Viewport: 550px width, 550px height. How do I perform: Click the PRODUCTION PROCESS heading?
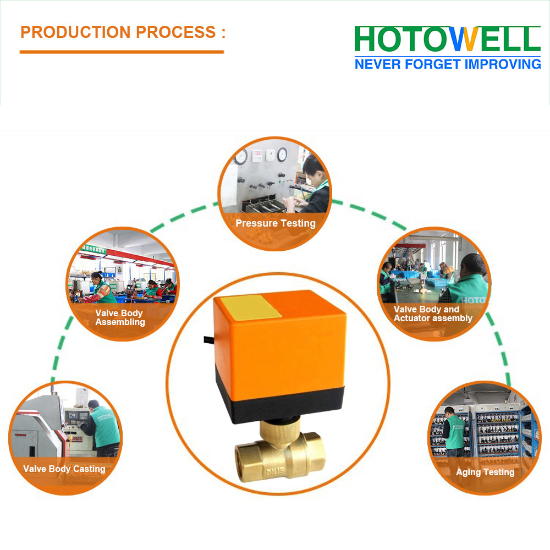point(123,32)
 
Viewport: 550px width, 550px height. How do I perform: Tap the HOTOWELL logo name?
point(448,39)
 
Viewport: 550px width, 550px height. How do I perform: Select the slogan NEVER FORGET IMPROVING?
point(448,64)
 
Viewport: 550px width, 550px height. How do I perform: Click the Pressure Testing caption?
point(276,223)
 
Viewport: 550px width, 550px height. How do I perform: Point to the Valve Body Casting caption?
point(64,469)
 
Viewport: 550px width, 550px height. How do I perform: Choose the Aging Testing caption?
point(485,472)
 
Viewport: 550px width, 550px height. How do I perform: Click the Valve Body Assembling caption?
point(120,317)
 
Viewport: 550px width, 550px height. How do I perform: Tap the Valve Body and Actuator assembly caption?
point(433,313)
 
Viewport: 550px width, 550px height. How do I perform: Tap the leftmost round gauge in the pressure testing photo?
point(241,157)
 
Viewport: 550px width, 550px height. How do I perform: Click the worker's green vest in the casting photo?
point(105,427)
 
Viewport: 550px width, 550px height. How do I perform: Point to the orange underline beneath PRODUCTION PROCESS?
point(122,52)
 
